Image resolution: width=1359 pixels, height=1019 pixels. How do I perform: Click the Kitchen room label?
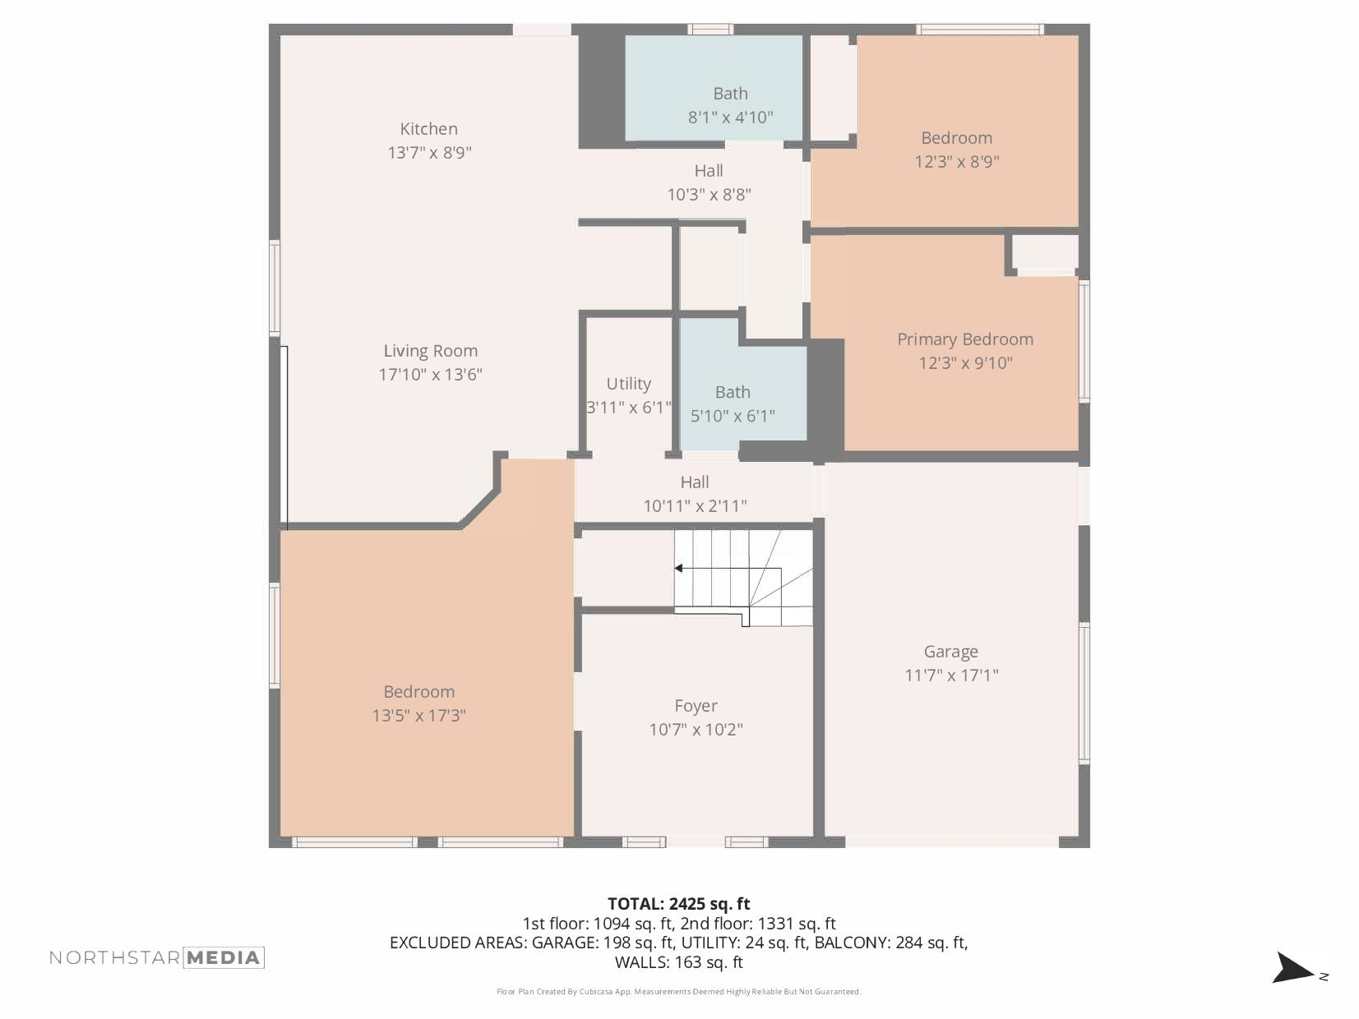tap(428, 129)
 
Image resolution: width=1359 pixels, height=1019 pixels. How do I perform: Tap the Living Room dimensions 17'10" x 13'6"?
tap(430, 375)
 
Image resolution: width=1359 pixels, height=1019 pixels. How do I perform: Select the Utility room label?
tap(628, 384)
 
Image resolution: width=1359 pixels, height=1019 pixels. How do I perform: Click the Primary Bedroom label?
tap(964, 339)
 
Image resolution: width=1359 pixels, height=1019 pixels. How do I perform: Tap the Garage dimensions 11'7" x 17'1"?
tap(951, 675)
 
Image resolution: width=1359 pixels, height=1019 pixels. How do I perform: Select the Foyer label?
tap(696, 706)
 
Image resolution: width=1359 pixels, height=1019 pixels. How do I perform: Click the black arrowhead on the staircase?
tap(679, 568)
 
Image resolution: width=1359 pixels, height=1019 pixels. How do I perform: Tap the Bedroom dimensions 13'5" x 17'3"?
tap(418, 716)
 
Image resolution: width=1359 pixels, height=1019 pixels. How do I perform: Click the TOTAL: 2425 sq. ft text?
tap(678, 904)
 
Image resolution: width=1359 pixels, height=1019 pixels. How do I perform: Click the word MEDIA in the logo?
tap(223, 957)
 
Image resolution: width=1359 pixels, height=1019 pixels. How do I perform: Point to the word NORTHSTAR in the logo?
tap(114, 957)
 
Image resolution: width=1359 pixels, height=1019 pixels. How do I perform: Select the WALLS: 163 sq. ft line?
tap(678, 962)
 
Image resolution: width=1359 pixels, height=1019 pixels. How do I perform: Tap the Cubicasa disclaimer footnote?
tap(678, 992)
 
